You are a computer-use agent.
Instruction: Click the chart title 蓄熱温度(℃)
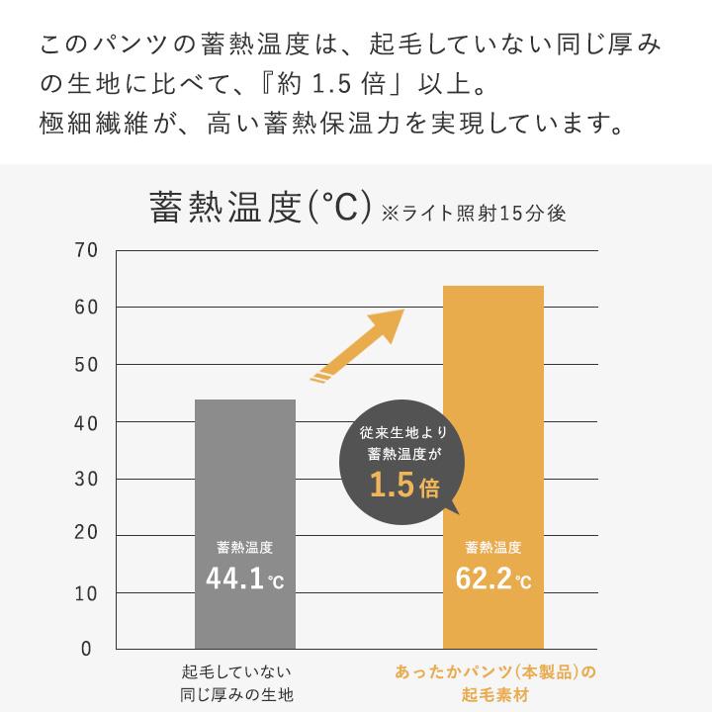(258, 209)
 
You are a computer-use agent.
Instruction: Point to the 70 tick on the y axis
(85, 250)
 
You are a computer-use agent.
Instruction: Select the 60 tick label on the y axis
(85, 308)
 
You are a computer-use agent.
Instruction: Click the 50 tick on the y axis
(85, 365)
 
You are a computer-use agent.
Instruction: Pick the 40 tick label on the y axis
(85, 422)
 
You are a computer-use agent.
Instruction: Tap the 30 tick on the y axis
(85, 480)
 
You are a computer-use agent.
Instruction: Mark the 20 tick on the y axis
(85, 535)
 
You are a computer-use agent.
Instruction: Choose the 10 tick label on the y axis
(85, 592)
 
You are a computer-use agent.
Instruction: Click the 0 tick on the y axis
(86, 649)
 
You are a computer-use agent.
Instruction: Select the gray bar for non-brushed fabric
(245, 475)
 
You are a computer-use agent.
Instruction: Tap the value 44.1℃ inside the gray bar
(244, 578)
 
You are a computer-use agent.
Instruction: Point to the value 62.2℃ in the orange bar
(492, 578)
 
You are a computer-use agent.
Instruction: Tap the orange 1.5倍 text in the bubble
(403, 486)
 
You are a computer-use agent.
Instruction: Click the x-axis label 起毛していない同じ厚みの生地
(237, 682)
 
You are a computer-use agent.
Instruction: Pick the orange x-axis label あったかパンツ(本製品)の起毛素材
(495, 682)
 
